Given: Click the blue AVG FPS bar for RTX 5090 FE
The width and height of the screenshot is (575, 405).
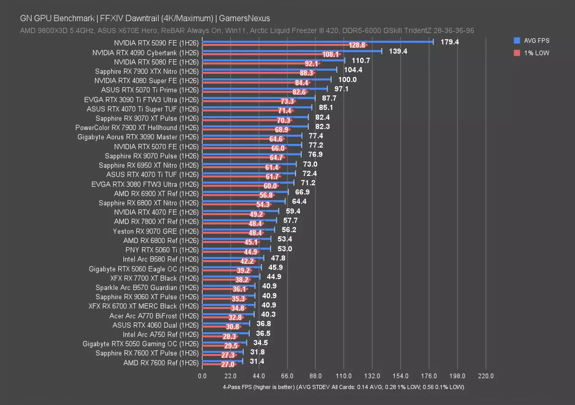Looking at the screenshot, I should pyautogui.click(x=315, y=41).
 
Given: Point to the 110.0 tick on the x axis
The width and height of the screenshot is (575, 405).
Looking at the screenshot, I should pyautogui.click(x=344, y=376).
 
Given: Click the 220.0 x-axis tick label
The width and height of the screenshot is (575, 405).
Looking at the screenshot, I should pyautogui.click(x=486, y=376).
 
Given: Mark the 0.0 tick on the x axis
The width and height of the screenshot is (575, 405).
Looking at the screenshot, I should pyautogui.click(x=202, y=376).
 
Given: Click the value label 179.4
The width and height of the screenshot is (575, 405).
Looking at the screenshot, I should pyautogui.click(x=450, y=42).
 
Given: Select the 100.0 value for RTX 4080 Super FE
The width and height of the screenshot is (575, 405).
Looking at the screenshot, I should pyautogui.click(x=347, y=80).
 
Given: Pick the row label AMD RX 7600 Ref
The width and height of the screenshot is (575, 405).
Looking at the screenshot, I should pyautogui.click(x=161, y=363).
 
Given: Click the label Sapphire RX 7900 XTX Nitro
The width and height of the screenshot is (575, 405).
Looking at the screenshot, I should pyautogui.click(x=146, y=71).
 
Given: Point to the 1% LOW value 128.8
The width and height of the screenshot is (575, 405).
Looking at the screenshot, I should pyautogui.click(x=358, y=45).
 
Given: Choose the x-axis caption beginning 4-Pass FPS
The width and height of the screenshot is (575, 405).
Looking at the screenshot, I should pyautogui.click(x=343, y=387).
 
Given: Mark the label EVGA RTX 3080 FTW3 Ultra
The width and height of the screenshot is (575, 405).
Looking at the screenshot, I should pyautogui.click(x=144, y=184).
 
